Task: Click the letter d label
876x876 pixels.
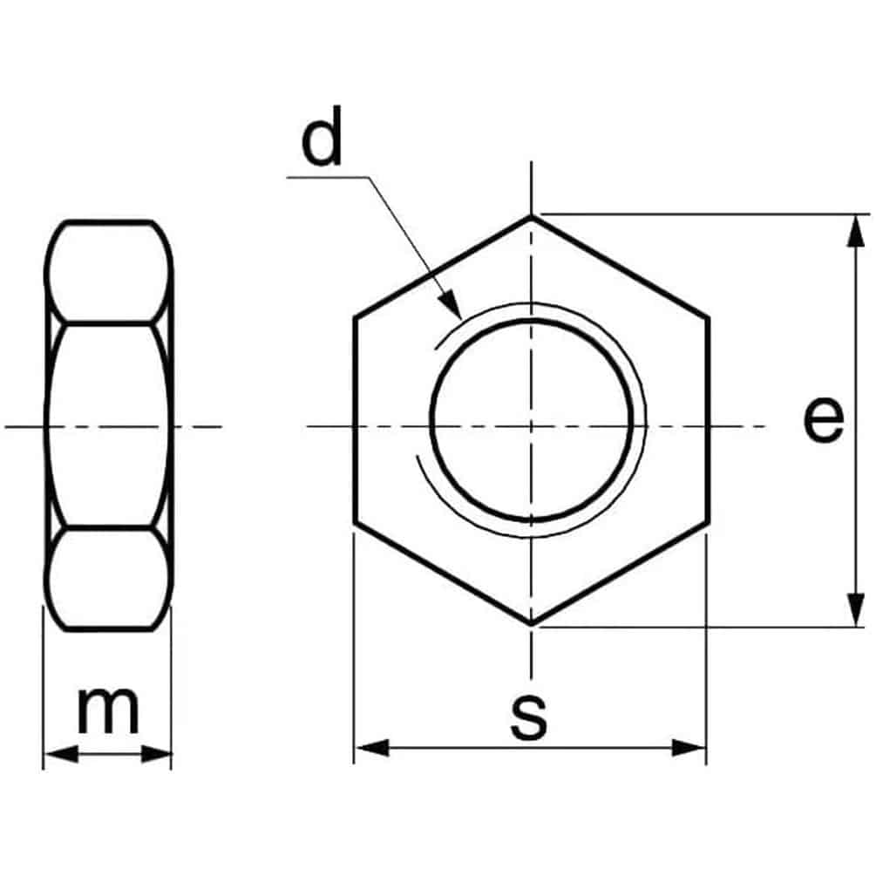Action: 322,136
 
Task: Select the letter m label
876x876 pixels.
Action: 108,710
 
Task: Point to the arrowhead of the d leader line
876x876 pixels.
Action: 452,305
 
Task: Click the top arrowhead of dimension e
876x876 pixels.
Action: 853,231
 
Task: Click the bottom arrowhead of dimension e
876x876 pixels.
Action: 854,609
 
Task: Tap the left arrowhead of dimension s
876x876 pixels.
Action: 372,748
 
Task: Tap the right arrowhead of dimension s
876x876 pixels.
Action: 689,748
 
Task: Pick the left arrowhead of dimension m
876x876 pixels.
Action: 61,754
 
